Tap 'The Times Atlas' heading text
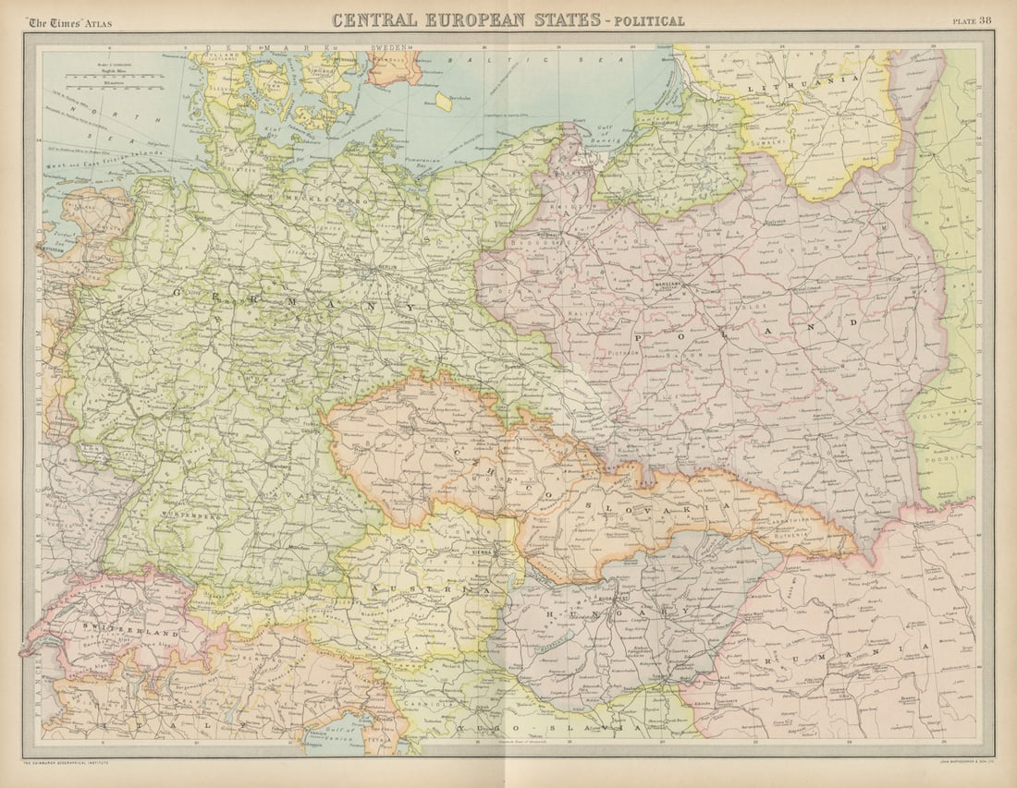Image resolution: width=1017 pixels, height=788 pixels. tap(69, 22)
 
